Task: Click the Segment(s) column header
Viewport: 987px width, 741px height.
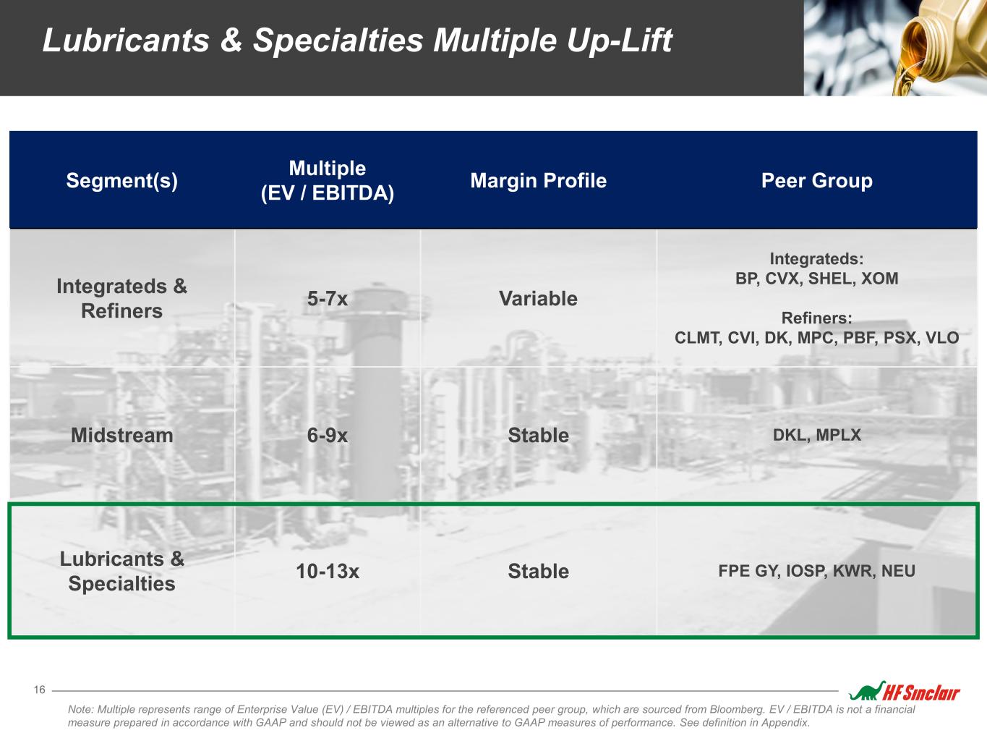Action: point(122,181)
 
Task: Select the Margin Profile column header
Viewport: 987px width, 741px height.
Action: point(538,181)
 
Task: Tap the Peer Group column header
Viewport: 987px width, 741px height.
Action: point(816,181)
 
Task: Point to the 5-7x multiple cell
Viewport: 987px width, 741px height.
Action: point(328,299)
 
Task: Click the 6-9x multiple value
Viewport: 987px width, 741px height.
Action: point(328,436)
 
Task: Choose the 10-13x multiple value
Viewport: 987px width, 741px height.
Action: point(328,572)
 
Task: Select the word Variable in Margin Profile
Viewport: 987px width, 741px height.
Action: point(538,299)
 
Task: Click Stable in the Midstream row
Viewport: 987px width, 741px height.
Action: point(538,436)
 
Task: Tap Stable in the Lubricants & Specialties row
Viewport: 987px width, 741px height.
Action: point(538,572)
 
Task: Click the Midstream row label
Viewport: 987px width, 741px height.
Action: point(122,436)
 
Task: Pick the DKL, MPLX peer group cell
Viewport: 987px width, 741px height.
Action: point(816,435)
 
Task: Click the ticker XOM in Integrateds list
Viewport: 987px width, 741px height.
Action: point(879,279)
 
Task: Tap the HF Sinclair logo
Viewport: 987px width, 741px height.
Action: point(905,691)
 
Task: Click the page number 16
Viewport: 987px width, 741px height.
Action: point(40,690)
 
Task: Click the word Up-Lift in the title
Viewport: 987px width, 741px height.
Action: point(619,41)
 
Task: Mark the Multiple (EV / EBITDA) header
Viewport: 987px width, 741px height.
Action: point(328,181)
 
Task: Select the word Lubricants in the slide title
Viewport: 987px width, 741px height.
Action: point(126,41)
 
